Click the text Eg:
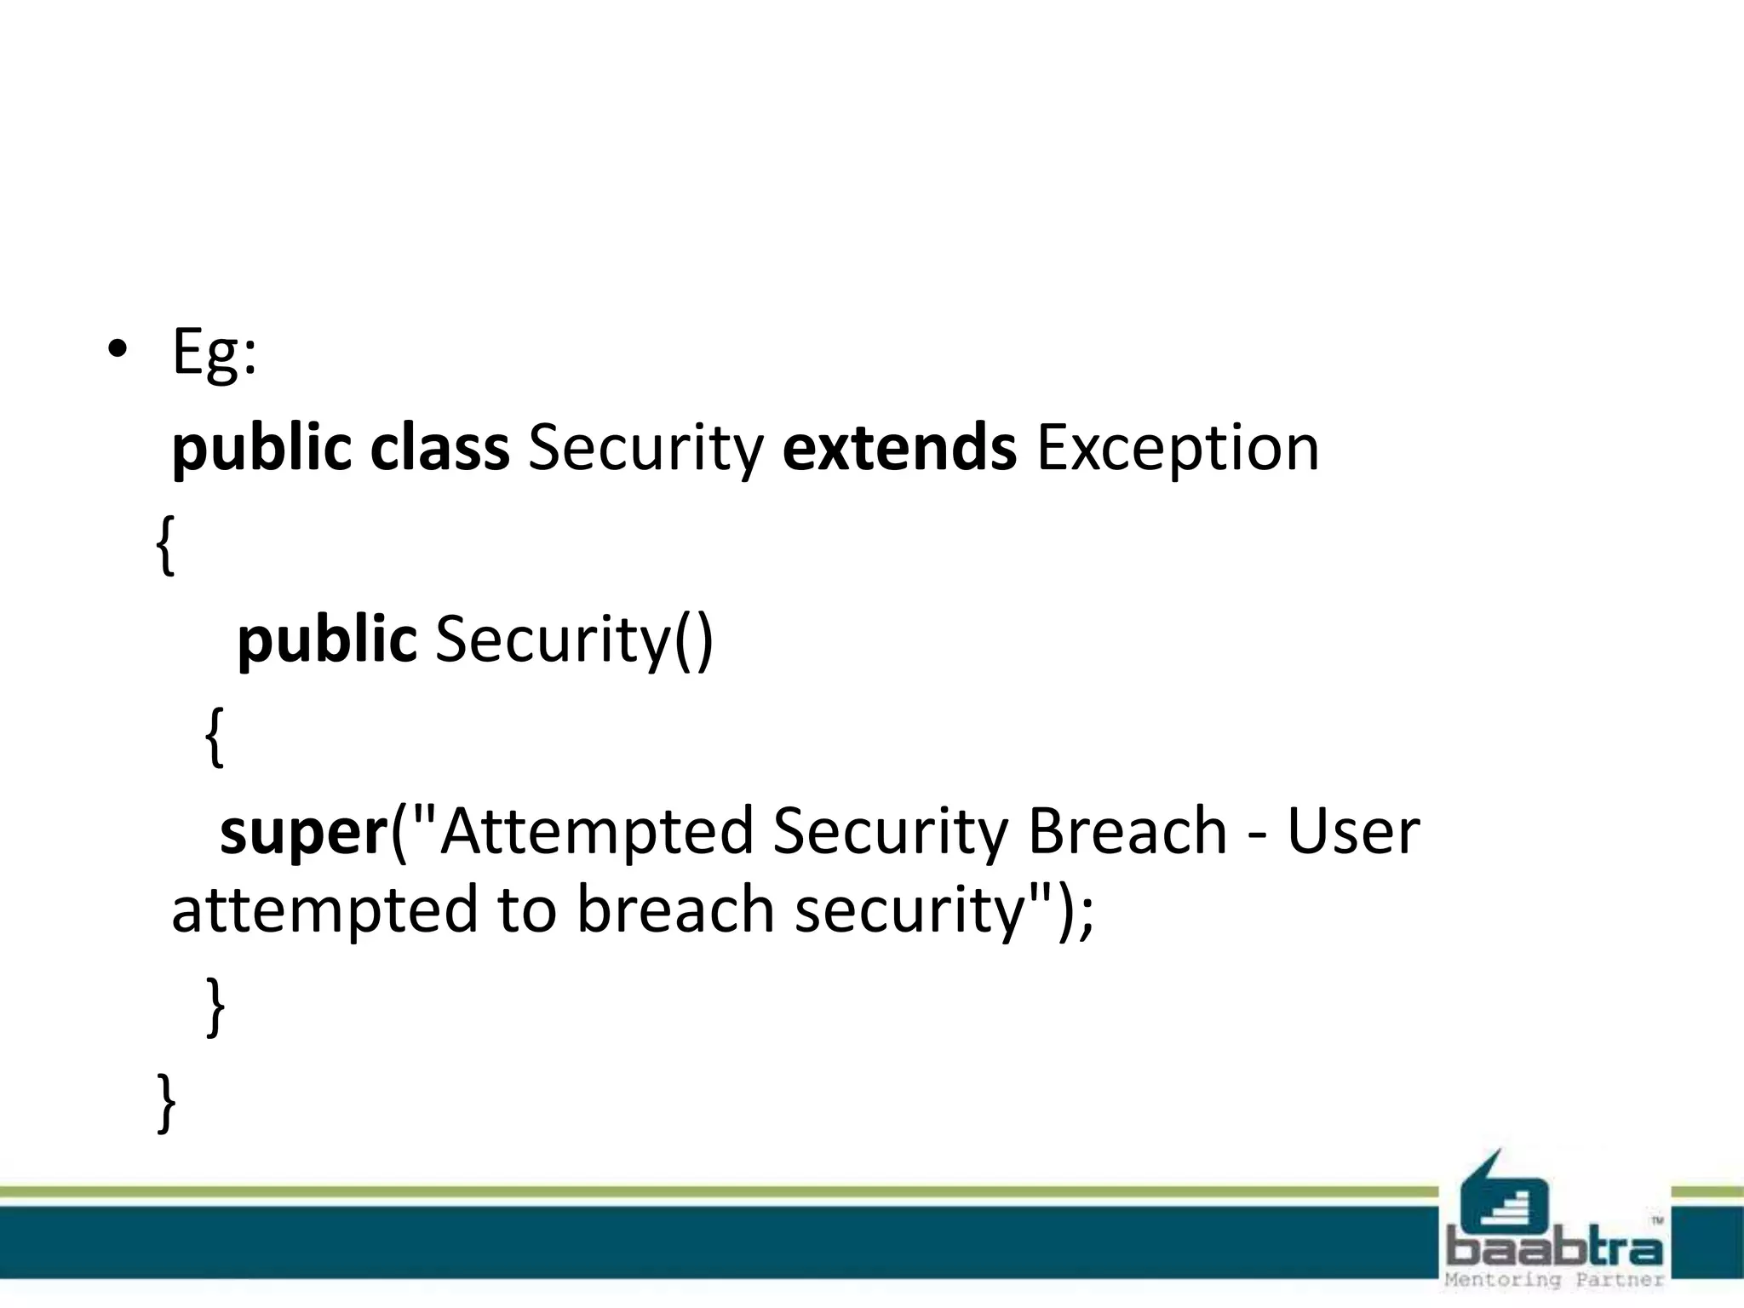(214, 353)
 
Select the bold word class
(439, 448)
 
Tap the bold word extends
(899, 448)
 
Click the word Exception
(1178, 450)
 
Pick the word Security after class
(645, 450)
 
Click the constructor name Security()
(574, 640)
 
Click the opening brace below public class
(166, 545)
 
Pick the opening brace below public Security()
(215, 737)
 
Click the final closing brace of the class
(166, 1102)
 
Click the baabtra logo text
(1554, 1248)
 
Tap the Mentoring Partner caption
(1554, 1280)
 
